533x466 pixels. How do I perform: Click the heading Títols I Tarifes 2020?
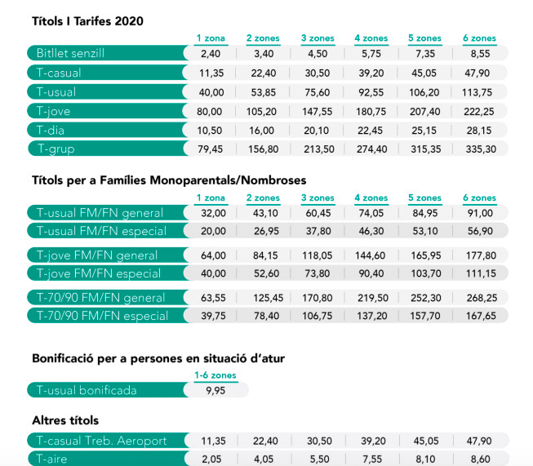point(87,21)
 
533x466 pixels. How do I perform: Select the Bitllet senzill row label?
point(70,53)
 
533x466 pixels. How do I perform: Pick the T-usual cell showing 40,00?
point(210,91)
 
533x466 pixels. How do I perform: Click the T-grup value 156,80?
point(262,149)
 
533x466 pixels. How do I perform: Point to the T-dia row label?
point(51,130)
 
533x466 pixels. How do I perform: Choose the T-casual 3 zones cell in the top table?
point(317,73)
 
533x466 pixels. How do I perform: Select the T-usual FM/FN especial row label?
point(101,231)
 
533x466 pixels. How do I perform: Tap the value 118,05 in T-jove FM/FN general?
point(317,255)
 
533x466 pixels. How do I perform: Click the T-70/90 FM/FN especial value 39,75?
point(210,316)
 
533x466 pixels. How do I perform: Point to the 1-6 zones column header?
point(215,375)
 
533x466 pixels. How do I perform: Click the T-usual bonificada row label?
point(86,390)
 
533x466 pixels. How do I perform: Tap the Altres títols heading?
point(65,420)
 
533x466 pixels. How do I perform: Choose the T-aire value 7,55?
point(371,459)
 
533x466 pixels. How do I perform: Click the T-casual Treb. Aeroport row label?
point(101,441)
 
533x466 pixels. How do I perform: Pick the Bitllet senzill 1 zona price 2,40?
point(210,53)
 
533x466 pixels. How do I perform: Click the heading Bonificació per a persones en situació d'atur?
point(158,357)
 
